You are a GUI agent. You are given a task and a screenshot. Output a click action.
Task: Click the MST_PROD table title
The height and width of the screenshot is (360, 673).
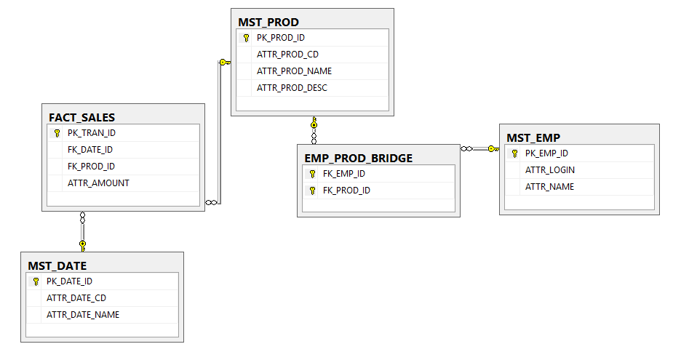268,22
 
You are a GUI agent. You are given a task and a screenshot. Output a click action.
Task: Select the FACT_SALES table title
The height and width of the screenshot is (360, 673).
82,117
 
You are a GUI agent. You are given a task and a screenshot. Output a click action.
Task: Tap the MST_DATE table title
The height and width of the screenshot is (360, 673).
57,265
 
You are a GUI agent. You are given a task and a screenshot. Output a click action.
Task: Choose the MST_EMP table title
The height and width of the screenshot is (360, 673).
533,137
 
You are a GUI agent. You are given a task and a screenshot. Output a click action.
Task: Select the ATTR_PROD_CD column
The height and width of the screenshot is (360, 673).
287,55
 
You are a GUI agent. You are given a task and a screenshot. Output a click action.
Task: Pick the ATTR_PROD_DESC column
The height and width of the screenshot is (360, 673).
292,88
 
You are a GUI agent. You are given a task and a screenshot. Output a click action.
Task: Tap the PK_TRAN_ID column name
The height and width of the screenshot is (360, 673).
92,133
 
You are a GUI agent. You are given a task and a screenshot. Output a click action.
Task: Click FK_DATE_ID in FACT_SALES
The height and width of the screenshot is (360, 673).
90,150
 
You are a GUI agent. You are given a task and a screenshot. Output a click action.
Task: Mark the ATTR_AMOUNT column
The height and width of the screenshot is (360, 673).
98,183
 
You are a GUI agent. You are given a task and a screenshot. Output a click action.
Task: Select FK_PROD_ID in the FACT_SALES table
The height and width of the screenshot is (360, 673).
90,167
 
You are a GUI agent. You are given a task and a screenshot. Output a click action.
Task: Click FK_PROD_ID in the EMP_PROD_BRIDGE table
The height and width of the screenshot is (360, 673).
346,191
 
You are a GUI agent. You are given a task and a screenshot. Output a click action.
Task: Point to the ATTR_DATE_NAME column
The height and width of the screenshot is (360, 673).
83,315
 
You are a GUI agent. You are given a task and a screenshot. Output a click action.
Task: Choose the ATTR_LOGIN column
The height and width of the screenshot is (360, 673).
550,170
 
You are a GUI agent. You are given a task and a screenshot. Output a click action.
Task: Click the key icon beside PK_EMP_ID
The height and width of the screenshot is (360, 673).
514,153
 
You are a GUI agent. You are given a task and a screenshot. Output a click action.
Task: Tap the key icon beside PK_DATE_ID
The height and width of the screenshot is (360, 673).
36,281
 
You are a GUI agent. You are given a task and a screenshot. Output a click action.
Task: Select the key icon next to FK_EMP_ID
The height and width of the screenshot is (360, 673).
312,174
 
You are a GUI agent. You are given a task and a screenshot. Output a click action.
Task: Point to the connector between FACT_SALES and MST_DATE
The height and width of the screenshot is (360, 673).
82,231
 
